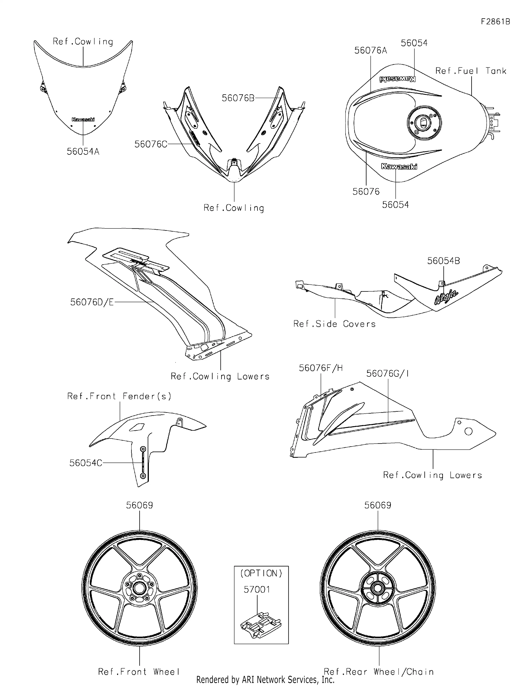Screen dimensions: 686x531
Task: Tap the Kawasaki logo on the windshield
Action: [x=83, y=119]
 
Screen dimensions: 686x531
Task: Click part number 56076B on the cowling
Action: [x=238, y=98]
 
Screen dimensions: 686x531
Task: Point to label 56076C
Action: [x=151, y=144]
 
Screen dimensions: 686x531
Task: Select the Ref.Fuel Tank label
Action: [x=470, y=71]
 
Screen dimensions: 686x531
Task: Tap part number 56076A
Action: [x=371, y=51]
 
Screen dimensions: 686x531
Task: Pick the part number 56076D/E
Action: [x=92, y=302]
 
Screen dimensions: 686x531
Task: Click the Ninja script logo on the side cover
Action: [x=446, y=297]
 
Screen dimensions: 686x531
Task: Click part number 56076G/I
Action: [x=387, y=374]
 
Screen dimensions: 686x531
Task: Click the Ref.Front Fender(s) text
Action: [x=119, y=396]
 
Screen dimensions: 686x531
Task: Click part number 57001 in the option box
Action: [x=257, y=590]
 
